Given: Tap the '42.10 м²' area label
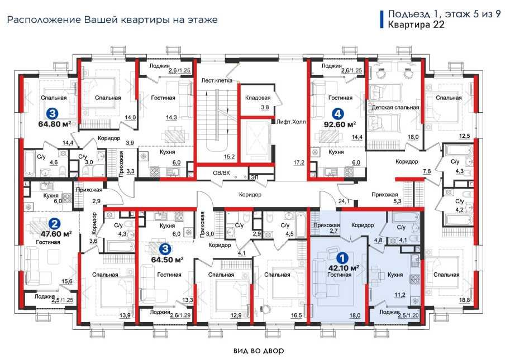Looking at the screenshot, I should point(343,268).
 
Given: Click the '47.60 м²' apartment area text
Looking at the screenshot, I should point(56,234).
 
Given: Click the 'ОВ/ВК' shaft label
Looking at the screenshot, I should point(222,173).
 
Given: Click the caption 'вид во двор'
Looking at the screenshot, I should point(259,351).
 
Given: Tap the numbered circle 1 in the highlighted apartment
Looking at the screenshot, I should point(342,258).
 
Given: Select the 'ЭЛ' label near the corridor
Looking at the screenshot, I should point(254,177).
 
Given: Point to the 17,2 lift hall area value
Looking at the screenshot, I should point(299,162).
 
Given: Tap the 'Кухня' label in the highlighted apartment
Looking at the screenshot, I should point(395,275).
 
